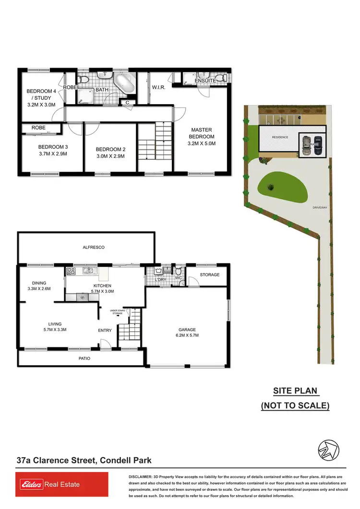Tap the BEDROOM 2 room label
point(110,153)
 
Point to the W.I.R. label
point(159,88)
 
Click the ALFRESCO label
point(93,247)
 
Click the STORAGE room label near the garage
point(209,275)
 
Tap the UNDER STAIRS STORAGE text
point(118,312)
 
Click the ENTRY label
point(105,330)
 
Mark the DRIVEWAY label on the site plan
point(319,208)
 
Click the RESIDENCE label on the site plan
point(280,137)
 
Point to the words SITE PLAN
point(295,391)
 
